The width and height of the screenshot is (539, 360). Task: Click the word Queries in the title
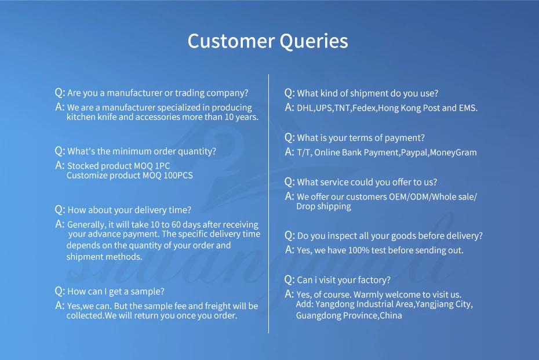(x=314, y=42)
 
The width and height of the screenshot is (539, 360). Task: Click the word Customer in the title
(x=231, y=41)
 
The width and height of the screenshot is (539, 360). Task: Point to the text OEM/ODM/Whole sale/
(x=433, y=197)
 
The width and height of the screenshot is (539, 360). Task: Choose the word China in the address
(x=391, y=315)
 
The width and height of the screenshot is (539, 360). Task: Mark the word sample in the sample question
(x=147, y=292)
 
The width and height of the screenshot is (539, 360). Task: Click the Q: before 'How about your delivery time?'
(x=60, y=209)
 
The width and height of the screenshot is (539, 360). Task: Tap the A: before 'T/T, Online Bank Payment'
(x=289, y=152)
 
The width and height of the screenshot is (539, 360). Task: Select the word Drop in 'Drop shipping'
(x=305, y=206)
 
